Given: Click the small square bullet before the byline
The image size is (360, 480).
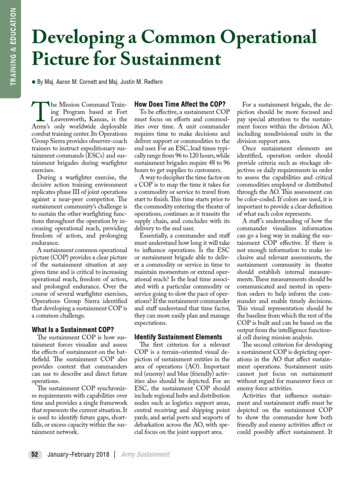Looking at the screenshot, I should pos(33,82).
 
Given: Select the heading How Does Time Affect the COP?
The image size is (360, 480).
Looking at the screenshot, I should pos(180,104).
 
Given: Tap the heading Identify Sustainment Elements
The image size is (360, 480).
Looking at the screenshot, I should pos(178,337).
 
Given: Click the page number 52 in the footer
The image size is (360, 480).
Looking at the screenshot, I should pos(34,454).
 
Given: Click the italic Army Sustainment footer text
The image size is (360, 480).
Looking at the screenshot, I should pos(145,454).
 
